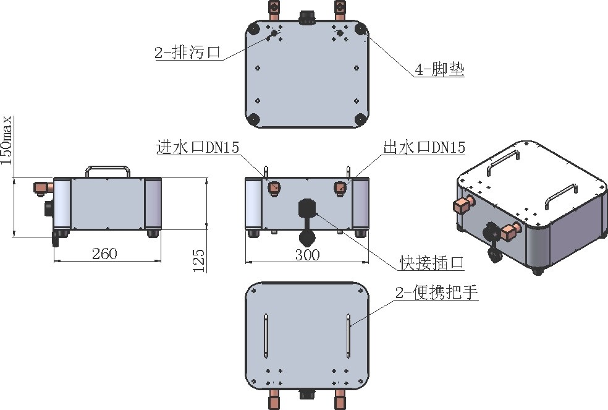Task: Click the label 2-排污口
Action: click(187, 53)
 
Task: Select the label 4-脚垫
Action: click(439, 69)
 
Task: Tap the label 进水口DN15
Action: click(197, 147)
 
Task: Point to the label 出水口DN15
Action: click(424, 147)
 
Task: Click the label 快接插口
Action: click(431, 264)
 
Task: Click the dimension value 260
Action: click(104, 254)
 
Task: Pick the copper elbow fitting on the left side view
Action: click(43, 186)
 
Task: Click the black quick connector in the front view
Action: click(306, 210)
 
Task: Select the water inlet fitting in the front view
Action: click(274, 187)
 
